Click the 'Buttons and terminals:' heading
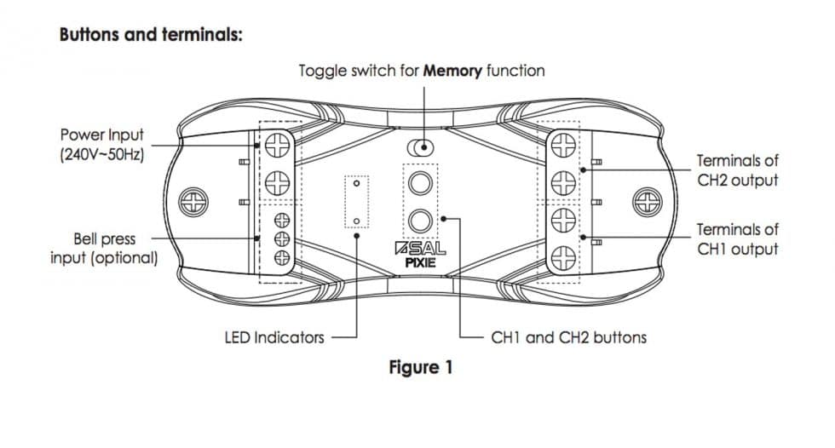click(151, 37)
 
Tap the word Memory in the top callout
click(452, 70)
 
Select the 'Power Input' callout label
click(102, 135)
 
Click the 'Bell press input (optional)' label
click(104, 248)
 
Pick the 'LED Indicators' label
click(274, 337)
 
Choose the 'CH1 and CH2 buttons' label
click(569, 337)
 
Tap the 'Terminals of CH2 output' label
click(737, 170)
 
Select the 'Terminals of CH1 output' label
click(737, 239)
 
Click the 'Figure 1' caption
click(421, 368)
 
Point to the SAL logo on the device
click(422, 250)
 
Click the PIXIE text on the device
click(422, 264)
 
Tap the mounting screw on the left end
click(195, 204)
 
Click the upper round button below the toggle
click(420, 181)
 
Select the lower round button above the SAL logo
click(420, 221)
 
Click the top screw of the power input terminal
click(277, 146)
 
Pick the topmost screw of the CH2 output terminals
click(563, 146)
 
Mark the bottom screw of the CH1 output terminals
click(563, 256)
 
